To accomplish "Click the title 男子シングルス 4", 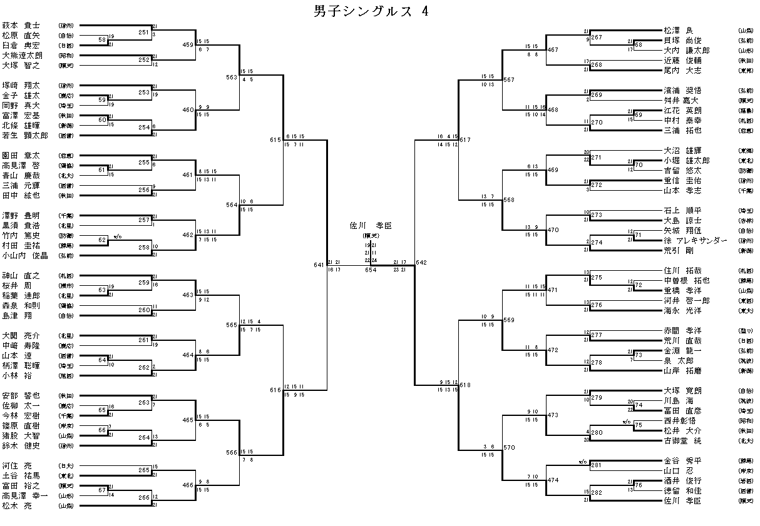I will (x=371, y=12).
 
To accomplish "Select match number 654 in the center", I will (x=371, y=270).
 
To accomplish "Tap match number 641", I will (x=319, y=265).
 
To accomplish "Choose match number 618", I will (x=465, y=385).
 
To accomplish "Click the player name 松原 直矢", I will (x=21, y=36).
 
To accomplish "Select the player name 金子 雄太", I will (x=21, y=96).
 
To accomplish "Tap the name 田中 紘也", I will (x=21, y=195).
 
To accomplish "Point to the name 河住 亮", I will (x=16, y=465).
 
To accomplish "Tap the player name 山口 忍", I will (x=676, y=470).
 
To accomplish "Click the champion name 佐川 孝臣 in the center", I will (x=371, y=225).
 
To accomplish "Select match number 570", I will (x=508, y=447).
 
